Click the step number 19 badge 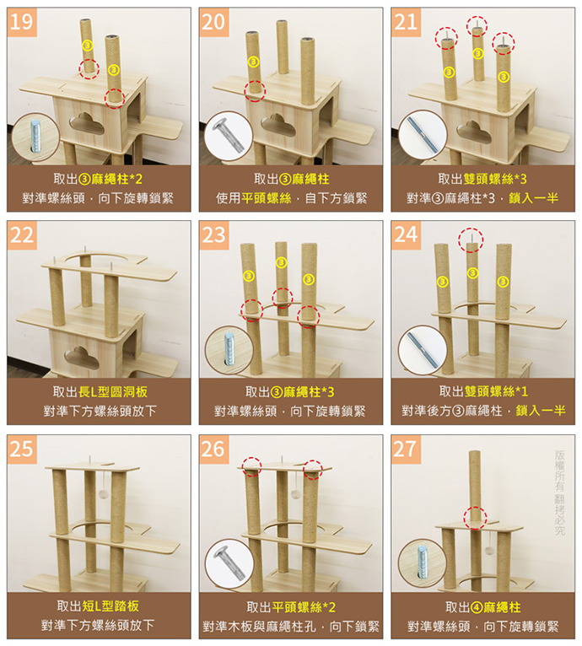point(22,22)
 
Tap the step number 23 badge point(214,235)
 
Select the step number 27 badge point(406,449)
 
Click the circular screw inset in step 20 point(229,135)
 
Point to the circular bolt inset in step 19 point(35,137)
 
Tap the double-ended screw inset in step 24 point(423,350)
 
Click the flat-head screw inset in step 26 point(229,564)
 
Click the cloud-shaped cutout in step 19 point(87,124)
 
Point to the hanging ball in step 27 point(489,550)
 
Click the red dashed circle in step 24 point(471,240)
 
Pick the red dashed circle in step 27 point(475,518)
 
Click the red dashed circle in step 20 point(255,91)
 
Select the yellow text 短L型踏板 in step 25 point(116,606)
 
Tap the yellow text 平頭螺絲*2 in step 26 point(304,607)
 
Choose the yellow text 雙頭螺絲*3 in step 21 point(495,179)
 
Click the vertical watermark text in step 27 point(560,493)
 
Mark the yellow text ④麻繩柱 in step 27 point(495,607)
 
